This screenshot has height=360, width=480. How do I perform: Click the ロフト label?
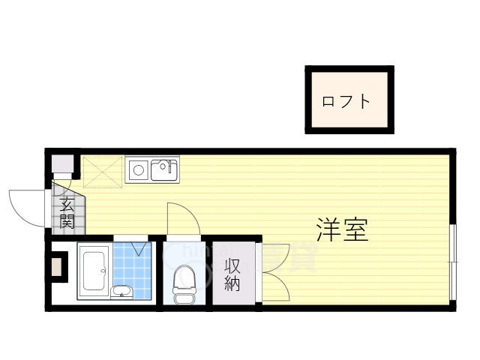(x=346, y=100)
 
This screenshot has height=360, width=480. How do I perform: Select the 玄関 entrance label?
(x=67, y=212)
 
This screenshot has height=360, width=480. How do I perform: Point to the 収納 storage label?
(x=232, y=274)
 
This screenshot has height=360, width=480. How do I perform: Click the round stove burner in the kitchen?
(x=138, y=170)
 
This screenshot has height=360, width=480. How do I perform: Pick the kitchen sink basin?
(x=164, y=170)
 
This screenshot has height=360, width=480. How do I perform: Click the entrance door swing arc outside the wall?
(x=26, y=206)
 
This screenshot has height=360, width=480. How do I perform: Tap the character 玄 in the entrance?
(x=67, y=204)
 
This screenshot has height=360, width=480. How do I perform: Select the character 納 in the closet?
(x=232, y=283)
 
